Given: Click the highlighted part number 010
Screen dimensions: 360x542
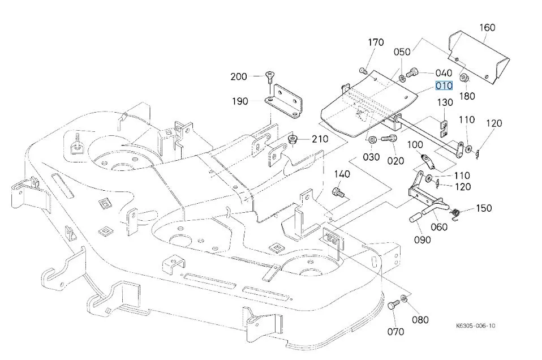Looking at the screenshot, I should pyautogui.click(x=444, y=86).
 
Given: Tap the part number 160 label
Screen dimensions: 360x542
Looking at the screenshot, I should pyautogui.click(x=487, y=27).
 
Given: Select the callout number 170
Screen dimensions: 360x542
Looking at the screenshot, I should pyautogui.click(x=376, y=42).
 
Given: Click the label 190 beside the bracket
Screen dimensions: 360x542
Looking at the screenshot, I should pyautogui.click(x=239, y=102).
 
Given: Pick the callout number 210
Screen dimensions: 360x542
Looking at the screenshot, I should pyautogui.click(x=320, y=139).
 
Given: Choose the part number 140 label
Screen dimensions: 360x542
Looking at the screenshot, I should pyautogui.click(x=342, y=174).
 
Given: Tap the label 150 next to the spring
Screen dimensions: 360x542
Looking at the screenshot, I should pyautogui.click(x=484, y=208).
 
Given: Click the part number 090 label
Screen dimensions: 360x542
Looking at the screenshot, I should pyautogui.click(x=422, y=239).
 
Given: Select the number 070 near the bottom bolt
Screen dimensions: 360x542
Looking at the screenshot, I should pyautogui.click(x=395, y=331).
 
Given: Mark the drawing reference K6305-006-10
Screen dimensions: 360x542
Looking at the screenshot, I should pyautogui.click(x=476, y=326).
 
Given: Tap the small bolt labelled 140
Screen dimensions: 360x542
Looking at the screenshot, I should pyautogui.click(x=337, y=192).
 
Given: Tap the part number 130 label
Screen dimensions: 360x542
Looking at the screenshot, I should pyautogui.click(x=445, y=102).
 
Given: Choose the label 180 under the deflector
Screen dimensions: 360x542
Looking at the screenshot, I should pyautogui.click(x=467, y=96).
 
